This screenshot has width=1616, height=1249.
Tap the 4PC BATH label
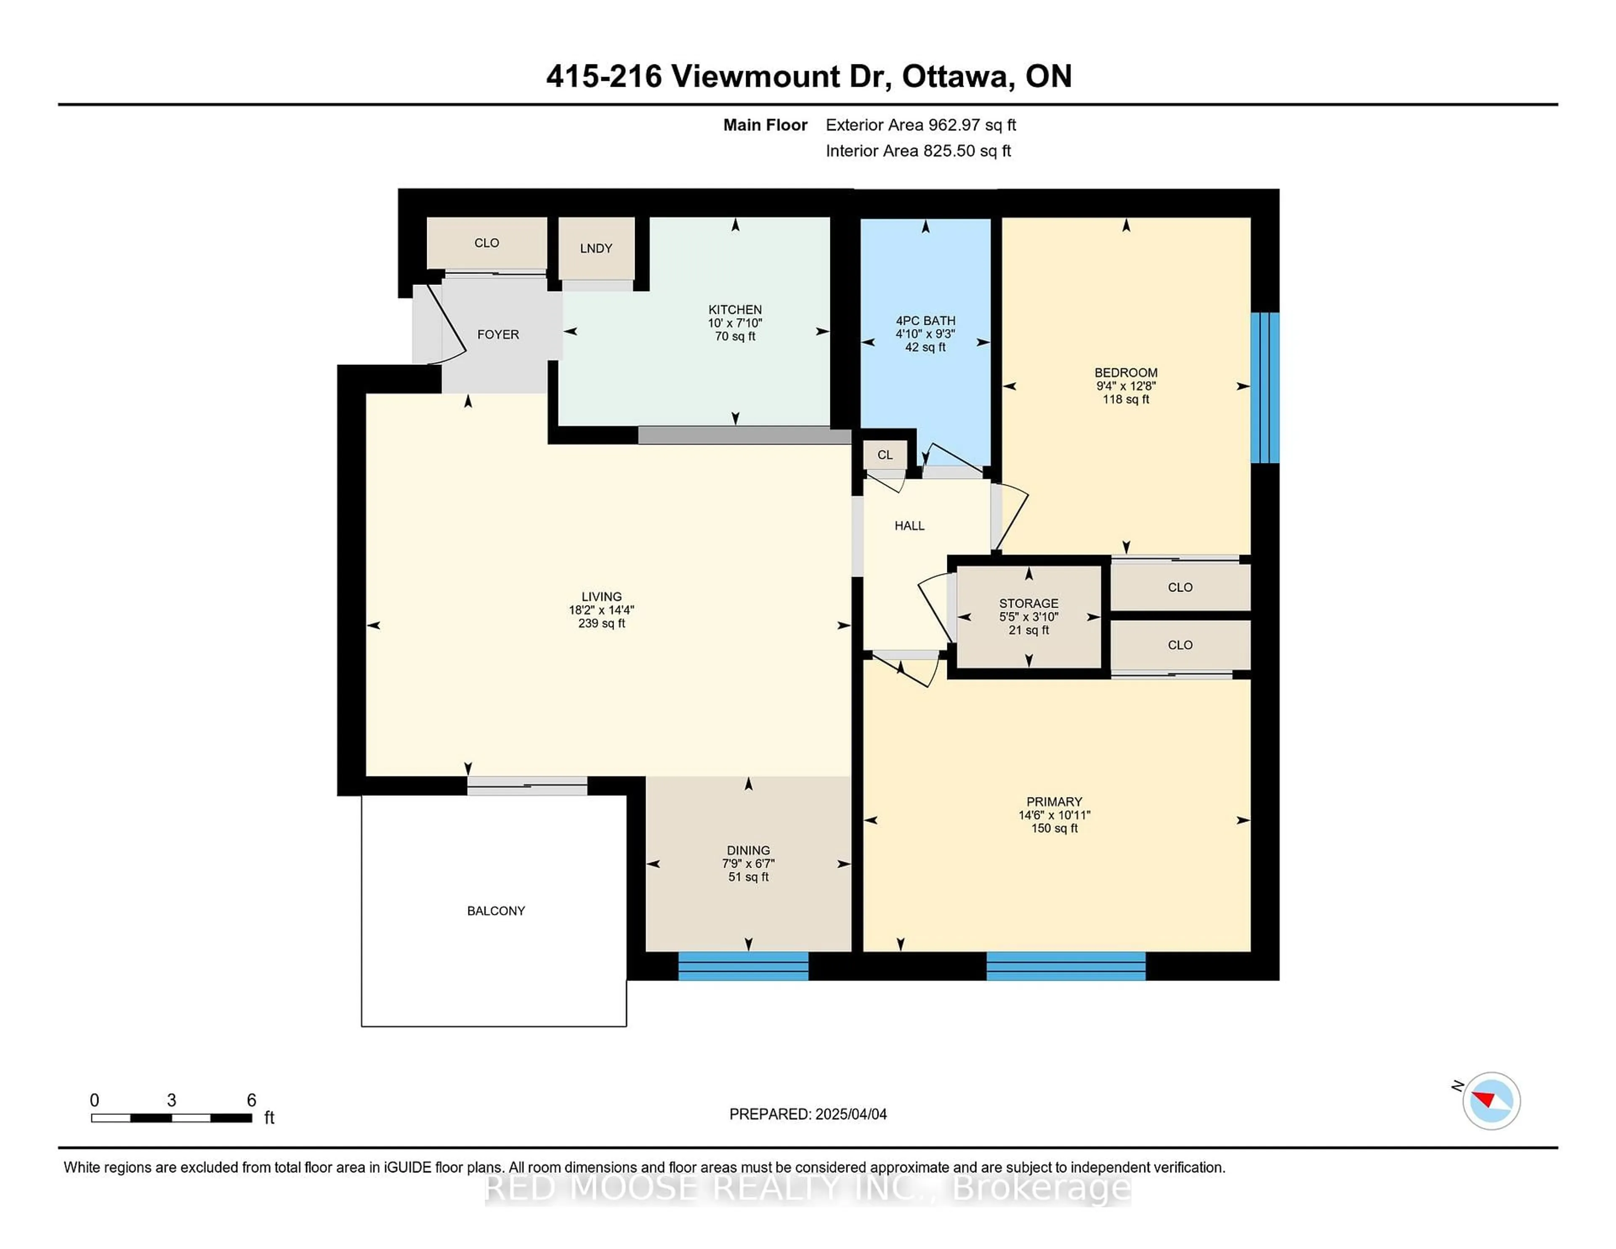point(925,320)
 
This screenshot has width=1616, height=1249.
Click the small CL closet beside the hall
point(885,455)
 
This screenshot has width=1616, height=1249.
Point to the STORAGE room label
point(1029,603)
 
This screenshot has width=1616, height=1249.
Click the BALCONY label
point(496,911)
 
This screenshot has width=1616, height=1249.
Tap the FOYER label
point(498,335)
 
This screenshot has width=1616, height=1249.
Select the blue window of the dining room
point(743,966)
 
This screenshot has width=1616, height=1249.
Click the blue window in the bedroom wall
point(1265,388)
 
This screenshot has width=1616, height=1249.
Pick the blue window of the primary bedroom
point(1066,966)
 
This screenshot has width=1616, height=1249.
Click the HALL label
point(909,525)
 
